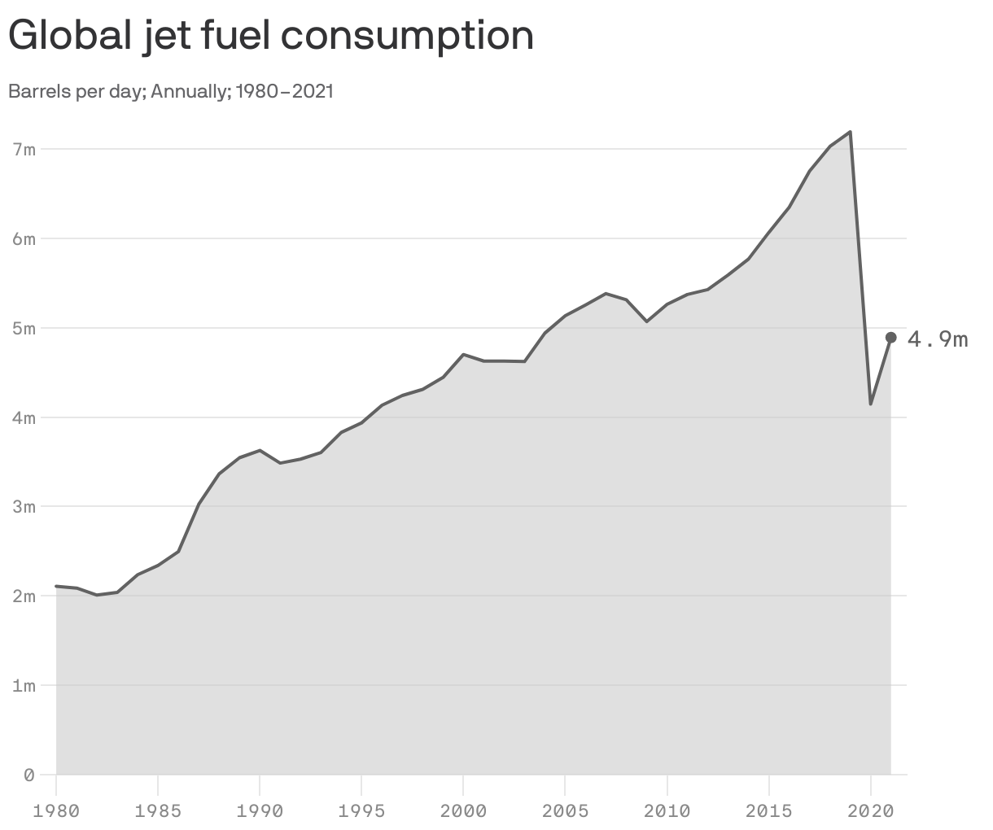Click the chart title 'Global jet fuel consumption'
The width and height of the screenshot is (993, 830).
click(x=270, y=37)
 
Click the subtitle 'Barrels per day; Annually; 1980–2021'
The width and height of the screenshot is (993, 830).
click(x=171, y=91)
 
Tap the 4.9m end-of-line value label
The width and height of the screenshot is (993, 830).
click(x=938, y=339)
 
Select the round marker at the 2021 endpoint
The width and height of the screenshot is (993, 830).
click(x=890, y=338)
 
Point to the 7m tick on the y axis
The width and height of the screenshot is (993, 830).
click(x=24, y=150)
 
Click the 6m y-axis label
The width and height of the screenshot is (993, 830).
click(x=24, y=239)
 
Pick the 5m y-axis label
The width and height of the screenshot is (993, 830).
click(x=24, y=329)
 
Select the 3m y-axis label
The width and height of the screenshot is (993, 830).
click(x=24, y=507)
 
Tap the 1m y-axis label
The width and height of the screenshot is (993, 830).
click(x=24, y=686)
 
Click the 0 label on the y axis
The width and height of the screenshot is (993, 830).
click(x=28, y=775)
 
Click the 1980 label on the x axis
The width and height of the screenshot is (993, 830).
click(x=56, y=811)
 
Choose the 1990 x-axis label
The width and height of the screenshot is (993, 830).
click(x=260, y=811)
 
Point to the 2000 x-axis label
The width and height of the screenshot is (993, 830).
click(x=463, y=811)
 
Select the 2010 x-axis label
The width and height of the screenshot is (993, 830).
click(x=667, y=811)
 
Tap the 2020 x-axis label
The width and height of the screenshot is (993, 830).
click(x=870, y=811)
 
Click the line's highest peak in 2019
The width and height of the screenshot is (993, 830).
click(x=850, y=132)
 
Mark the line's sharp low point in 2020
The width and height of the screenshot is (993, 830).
click(x=870, y=404)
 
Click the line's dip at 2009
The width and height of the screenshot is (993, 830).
click(x=646, y=321)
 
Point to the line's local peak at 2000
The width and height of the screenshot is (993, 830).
click(x=463, y=355)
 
